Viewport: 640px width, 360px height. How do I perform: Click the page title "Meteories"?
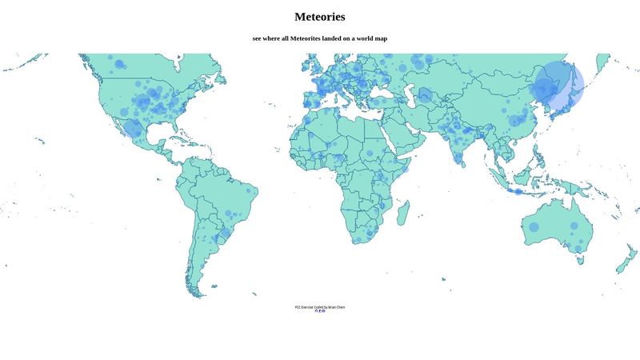tap(320, 17)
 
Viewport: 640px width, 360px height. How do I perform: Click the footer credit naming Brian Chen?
tap(320, 306)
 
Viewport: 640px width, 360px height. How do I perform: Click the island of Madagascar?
tap(405, 211)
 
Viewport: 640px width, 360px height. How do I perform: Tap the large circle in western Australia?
tap(534, 227)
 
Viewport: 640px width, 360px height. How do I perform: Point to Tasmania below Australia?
tap(579, 262)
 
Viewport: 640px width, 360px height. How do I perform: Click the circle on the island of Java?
tap(518, 191)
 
